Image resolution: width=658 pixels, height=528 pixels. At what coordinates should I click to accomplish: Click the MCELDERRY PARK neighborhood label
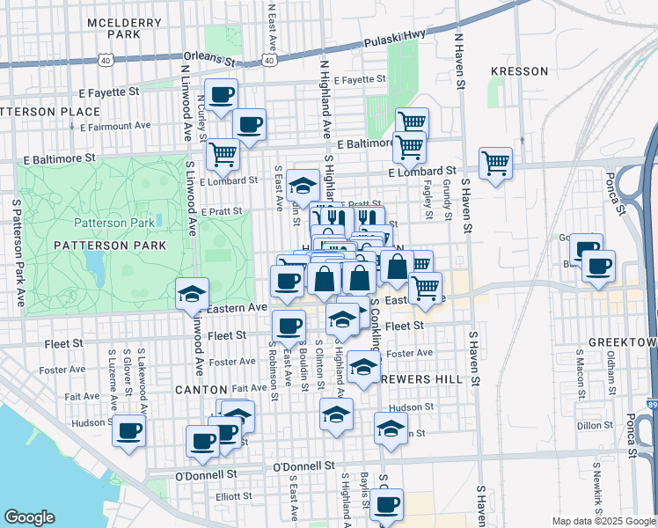point(113,26)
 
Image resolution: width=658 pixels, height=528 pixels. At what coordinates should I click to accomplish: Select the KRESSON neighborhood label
point(519,71)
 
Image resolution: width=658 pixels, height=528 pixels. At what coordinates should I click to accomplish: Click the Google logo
point(29,517)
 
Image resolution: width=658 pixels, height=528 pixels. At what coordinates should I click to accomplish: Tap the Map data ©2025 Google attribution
point(603,521)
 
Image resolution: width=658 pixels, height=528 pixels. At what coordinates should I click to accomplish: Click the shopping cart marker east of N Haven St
point(495,162)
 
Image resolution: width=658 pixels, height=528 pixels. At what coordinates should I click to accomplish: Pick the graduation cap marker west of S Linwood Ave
point(192,294)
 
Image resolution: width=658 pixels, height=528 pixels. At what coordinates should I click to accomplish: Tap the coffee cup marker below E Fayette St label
point(221,93)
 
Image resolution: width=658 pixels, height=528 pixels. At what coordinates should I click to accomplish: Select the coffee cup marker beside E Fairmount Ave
point(249,124)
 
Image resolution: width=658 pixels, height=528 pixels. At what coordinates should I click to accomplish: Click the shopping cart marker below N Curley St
point(223,153)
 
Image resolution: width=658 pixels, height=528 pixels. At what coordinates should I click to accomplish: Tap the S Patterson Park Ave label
point(17,251)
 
